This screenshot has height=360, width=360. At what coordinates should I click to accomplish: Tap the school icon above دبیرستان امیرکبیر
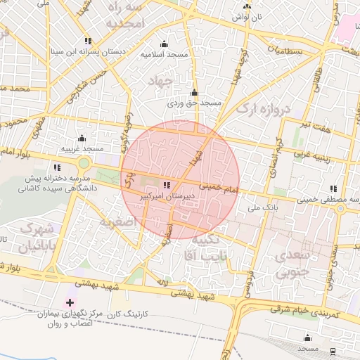166,186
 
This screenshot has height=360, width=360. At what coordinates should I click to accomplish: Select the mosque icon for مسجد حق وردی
194,93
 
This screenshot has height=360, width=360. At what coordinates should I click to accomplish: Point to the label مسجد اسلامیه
163,54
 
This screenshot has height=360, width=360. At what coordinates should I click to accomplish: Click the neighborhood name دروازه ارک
262,108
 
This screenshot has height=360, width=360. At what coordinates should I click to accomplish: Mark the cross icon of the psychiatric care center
69,302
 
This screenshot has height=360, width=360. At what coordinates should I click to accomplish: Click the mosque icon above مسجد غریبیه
82,138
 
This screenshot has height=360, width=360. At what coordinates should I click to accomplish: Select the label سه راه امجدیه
124,15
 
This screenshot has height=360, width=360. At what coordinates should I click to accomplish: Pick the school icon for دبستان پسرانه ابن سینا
88,41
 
